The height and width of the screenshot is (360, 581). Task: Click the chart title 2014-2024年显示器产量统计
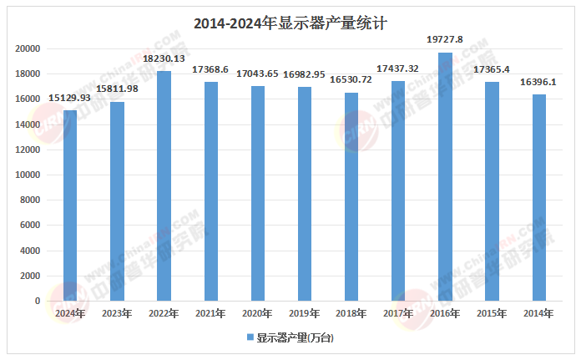click(x=290, y=23)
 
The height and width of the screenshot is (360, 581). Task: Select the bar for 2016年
click(x=445, y=176)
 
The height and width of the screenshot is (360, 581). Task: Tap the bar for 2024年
click(x=70, y=205)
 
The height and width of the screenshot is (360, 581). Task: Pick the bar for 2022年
click(x=164, y=185)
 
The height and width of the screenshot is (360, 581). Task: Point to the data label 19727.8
click(x=445, y=40)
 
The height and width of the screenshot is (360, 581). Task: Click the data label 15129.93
click(x=70, y=99)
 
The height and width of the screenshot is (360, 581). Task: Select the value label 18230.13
click(x=164, y=59)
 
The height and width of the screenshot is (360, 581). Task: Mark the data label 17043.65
click(x=258, y=74)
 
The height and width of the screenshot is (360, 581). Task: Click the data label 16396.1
click(x=538, y=83)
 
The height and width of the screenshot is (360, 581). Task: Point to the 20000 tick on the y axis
click(x=28, y=48)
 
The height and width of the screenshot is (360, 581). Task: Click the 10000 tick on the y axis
click(x=28, y=175)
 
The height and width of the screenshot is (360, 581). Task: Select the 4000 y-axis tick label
click(x=30, y=251)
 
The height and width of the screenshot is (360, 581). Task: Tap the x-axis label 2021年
click(x=210, y=313)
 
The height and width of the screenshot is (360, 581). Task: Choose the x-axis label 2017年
click(x=398, y=313)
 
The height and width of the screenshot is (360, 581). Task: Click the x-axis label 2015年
click(x=492, y=313)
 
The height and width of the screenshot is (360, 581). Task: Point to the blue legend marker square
click(x=250, y=337)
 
